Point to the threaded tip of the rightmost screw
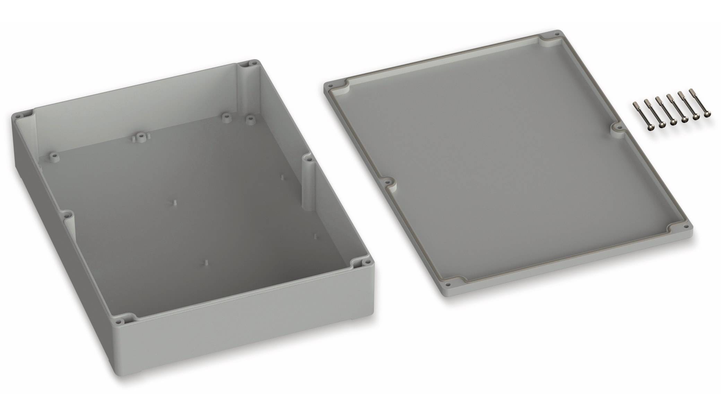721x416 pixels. tap(690, 91)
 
